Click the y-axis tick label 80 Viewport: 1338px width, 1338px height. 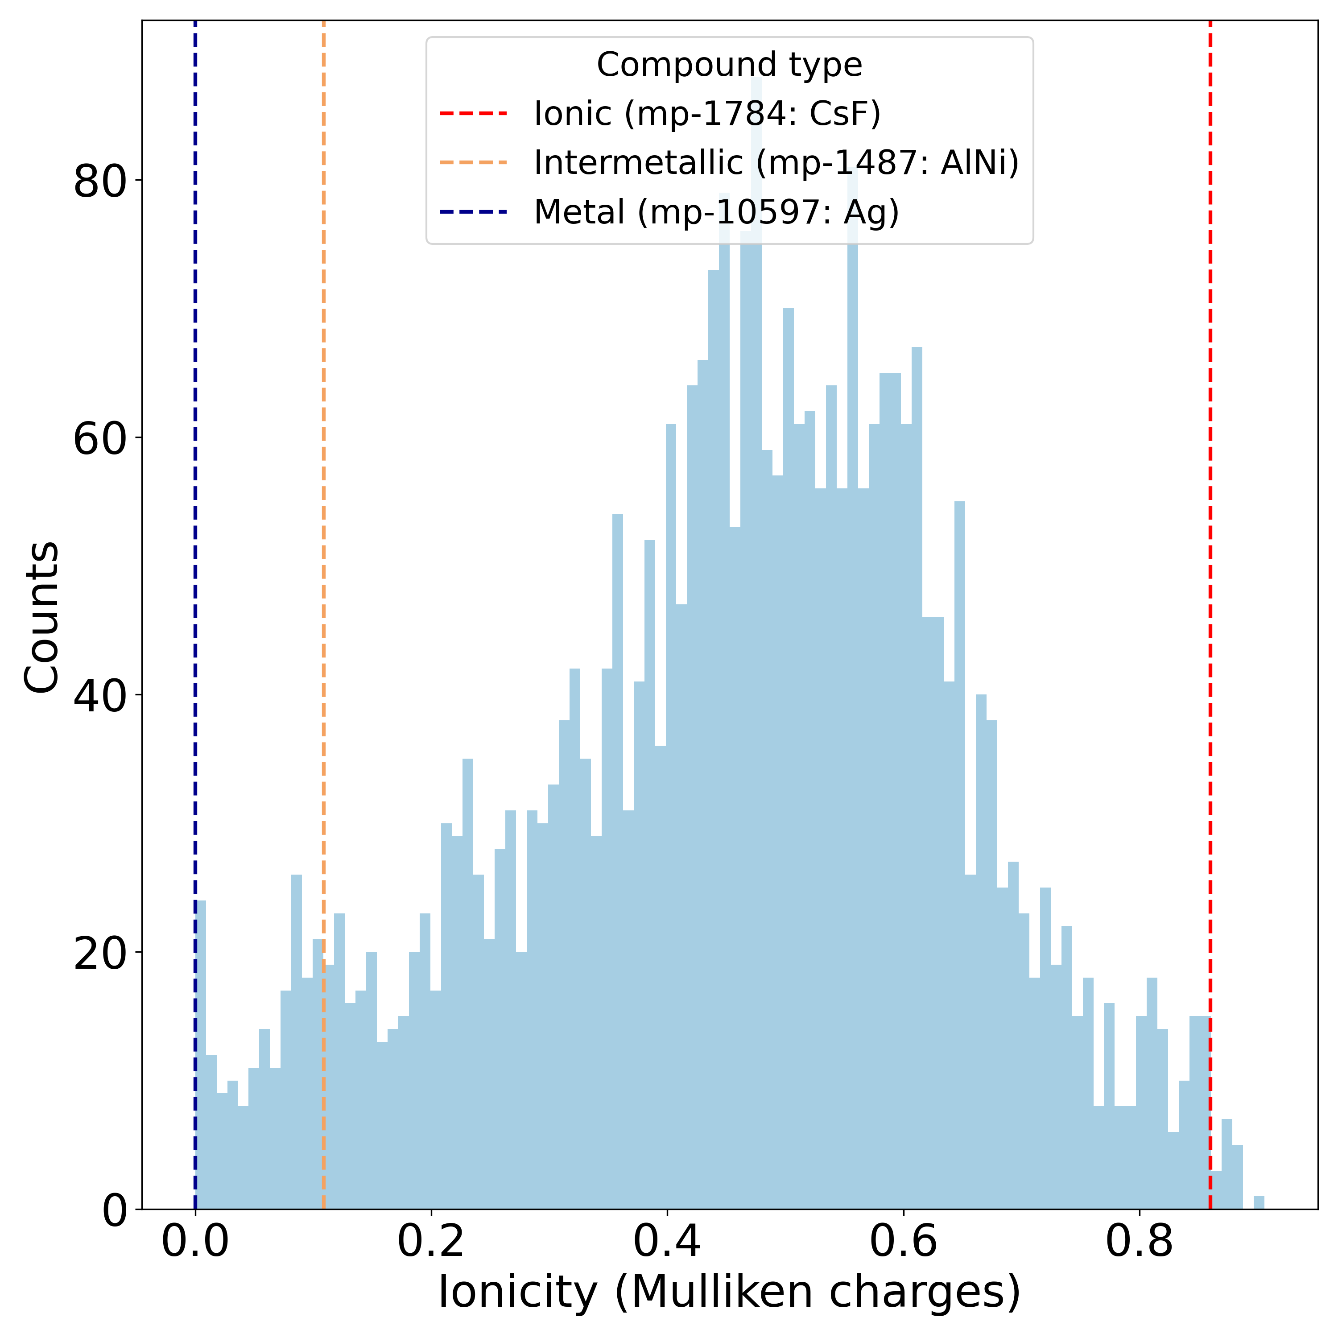pos(100,182)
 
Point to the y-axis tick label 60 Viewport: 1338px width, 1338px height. pos(100,438)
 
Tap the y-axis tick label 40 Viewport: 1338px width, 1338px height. pos(100,696)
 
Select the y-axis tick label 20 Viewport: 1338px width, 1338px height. pos(100,954)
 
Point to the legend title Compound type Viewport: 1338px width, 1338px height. pos(729,65)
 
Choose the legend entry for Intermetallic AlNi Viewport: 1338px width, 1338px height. pos(776,163)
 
